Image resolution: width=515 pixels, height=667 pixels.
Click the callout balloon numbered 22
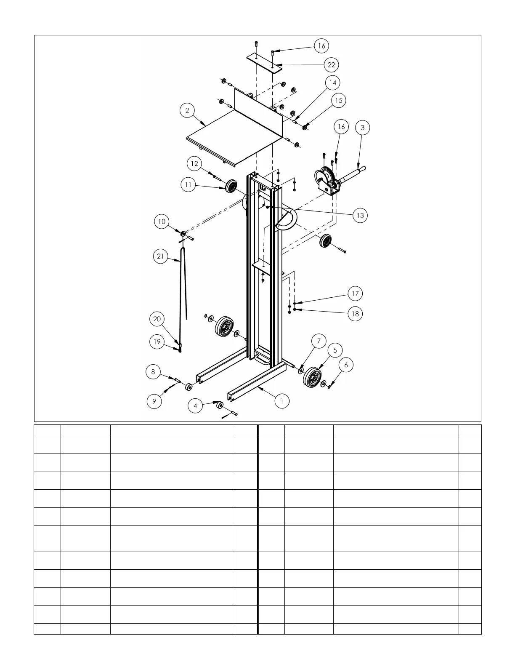[332, 65]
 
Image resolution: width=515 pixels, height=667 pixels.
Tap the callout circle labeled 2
[187, 110]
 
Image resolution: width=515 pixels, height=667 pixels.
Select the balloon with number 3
[363, 128]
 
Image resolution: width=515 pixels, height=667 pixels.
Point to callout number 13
[360, 215]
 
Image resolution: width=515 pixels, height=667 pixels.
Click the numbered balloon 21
[161, 256]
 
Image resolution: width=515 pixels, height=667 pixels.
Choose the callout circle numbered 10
[162, 221]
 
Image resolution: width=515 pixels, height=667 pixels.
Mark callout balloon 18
[356, 314]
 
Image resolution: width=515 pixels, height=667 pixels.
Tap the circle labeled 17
[356, 293]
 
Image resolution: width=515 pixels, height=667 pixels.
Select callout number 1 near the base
[282, 401]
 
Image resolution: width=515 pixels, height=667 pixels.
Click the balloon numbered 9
[154, 401]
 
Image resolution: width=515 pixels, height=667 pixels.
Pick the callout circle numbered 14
[333, 83]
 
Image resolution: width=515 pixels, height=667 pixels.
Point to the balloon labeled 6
[346, 365]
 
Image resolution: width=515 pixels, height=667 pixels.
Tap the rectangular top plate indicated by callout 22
[264, 63]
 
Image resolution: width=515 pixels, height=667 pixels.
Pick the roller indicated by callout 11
[231, 186]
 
